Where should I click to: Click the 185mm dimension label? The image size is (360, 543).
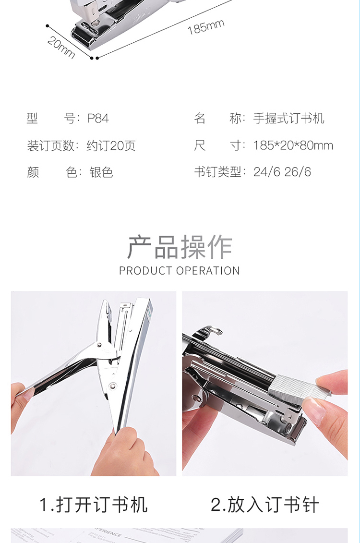click(206, 27)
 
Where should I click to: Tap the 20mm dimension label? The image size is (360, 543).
click(61, 48)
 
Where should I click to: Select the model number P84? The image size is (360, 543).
click(98, 119)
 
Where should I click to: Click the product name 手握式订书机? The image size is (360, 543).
click(288, 119)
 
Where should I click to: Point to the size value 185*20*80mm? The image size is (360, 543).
click(293, 145)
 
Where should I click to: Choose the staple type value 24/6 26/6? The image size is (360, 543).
click(282, 172)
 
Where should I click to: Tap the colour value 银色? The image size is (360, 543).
click(101, 172)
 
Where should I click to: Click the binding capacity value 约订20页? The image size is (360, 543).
click(111, 145)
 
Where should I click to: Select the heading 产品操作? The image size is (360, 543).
click(180, 247)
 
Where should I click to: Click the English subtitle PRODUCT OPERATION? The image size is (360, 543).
click(180, 271)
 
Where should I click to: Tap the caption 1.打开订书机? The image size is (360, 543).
click(94, 505)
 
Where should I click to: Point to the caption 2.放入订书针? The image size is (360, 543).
click(265, 505)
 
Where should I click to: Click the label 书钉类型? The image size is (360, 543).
click(217, 172)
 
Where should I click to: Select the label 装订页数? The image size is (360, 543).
click(50, 145)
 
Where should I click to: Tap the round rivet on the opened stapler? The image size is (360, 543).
click(113, 386)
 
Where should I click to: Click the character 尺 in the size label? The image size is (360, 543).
click(200, 145)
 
